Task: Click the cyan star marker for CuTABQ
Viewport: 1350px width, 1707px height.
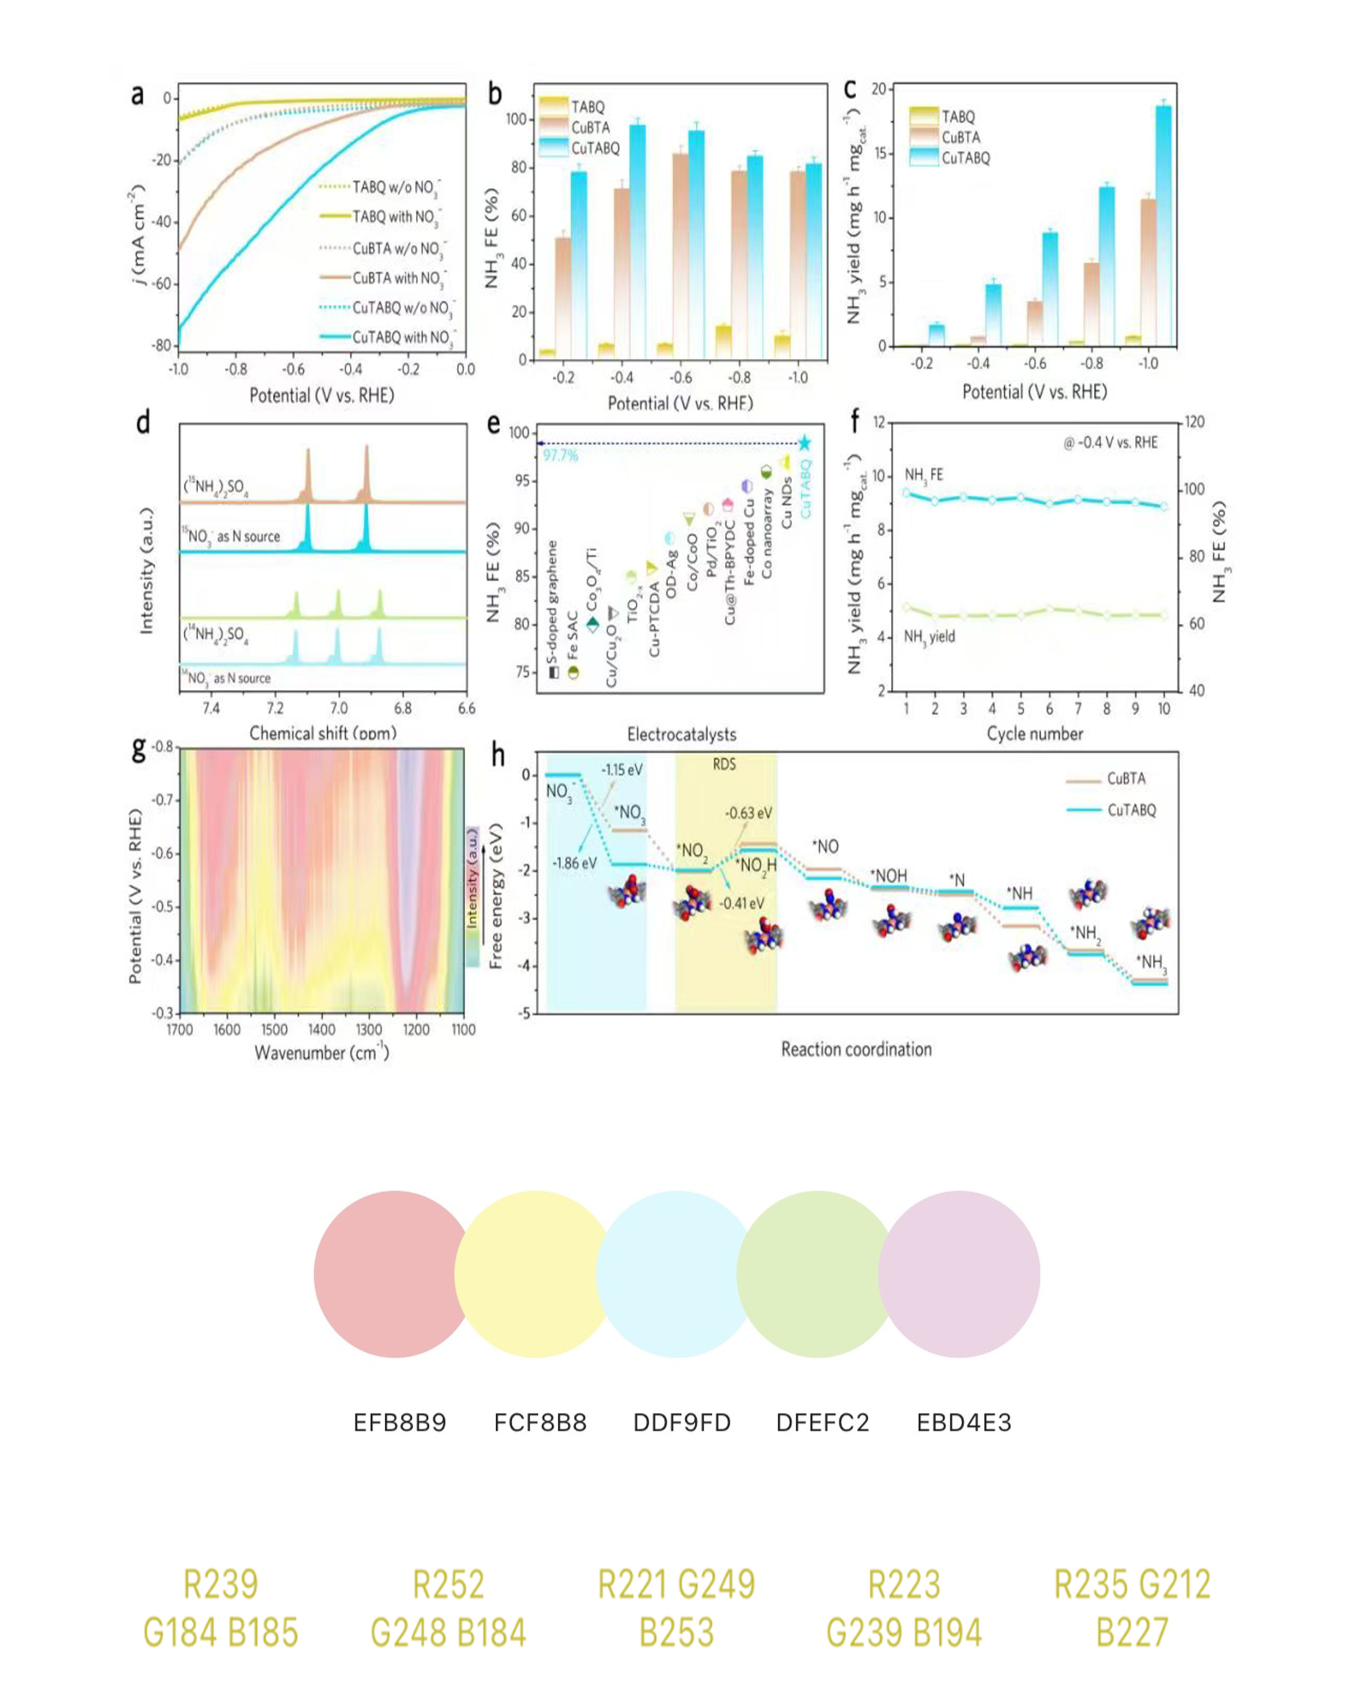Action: (804, 443)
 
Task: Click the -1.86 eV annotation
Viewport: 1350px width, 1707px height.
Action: (575, 863)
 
